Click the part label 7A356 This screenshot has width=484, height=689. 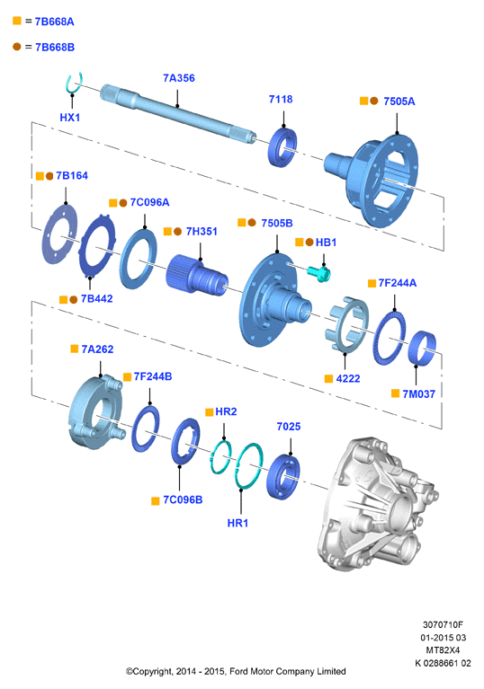179,78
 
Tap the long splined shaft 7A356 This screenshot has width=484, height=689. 178,111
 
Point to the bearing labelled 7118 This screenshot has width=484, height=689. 282,147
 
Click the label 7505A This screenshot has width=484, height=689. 399,102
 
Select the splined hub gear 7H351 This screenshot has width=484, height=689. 197,275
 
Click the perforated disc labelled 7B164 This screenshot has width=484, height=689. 59,234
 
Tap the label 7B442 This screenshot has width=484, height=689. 97,299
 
